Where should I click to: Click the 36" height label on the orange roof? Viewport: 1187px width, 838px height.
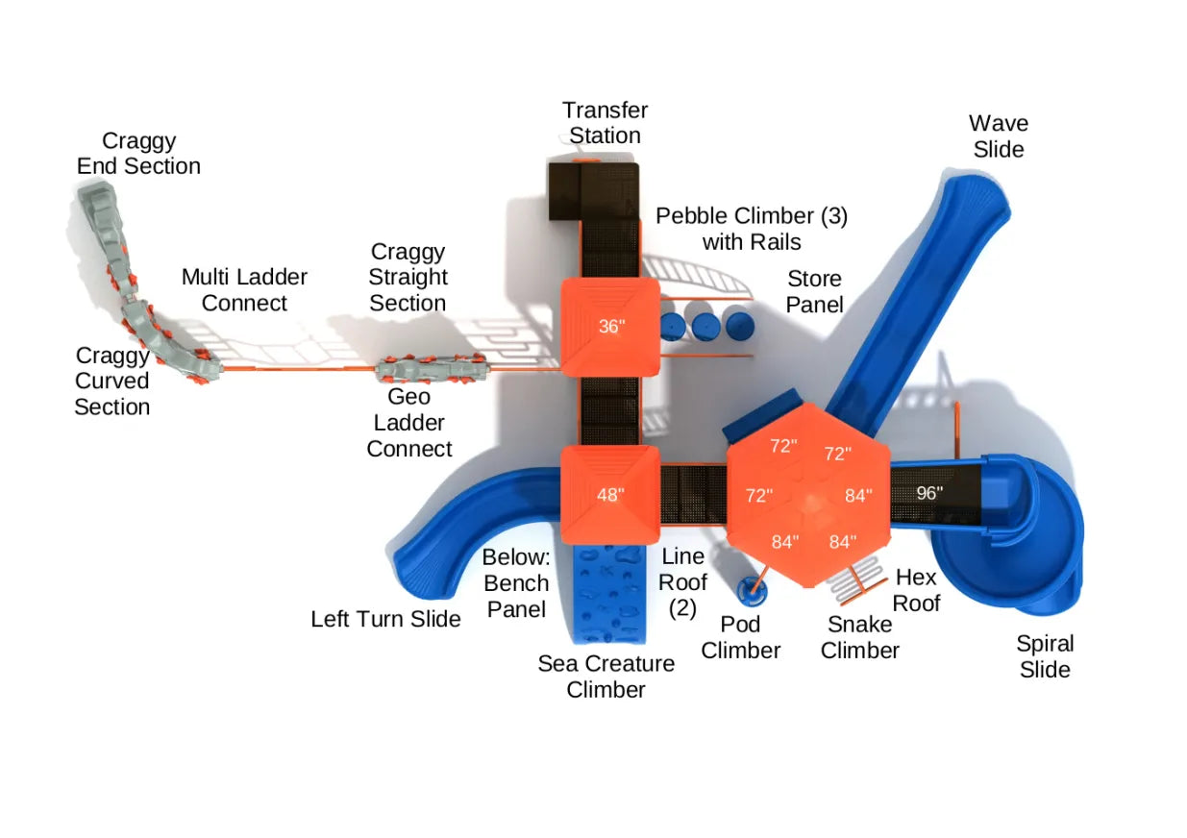pos(611,326)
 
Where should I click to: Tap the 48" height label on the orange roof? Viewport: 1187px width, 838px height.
pos(609,495)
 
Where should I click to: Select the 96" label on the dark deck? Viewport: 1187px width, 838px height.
pos(928,493)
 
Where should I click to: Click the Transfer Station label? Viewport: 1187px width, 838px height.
pos(605,123)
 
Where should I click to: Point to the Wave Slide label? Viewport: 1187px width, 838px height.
pos(999,136)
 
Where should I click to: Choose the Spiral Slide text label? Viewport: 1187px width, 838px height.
pos(1045,656)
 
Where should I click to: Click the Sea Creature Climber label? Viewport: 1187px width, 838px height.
pos(606,676)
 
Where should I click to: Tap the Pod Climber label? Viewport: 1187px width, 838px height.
pos(740,637)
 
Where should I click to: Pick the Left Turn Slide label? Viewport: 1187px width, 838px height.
pos(385,619)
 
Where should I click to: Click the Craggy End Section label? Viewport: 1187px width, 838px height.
pos(138,154)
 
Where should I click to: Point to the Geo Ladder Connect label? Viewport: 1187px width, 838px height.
pos(409,423)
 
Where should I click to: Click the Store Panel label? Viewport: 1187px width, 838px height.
pos(814,291)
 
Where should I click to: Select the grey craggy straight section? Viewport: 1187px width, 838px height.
pos(432,368)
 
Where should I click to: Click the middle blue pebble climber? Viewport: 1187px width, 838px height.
pos(706,325)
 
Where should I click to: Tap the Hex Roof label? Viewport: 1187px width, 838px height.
pos(916,590)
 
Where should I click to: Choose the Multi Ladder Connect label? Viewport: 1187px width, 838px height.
pos(244,290)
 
